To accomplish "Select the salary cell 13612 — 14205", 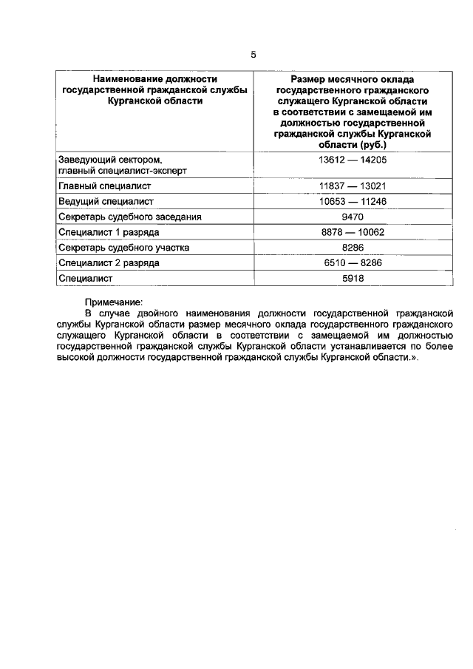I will [x=342, y=159].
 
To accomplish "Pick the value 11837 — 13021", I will [x=342, y=186].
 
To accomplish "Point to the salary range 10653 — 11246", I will [x=342, y=202].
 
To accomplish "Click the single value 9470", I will [x=342, y=217].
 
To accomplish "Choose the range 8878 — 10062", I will [x=342, y=233].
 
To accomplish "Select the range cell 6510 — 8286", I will [x=342, y=263].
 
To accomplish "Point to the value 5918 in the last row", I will [x=342, y=279].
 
